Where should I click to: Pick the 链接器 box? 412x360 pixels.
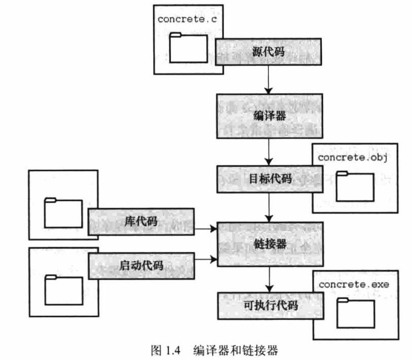pos(269,244)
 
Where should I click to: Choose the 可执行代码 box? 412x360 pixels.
pos(269,305)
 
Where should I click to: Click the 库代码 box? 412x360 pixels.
pos(141,221)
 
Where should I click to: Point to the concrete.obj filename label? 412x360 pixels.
pos(353,157)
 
